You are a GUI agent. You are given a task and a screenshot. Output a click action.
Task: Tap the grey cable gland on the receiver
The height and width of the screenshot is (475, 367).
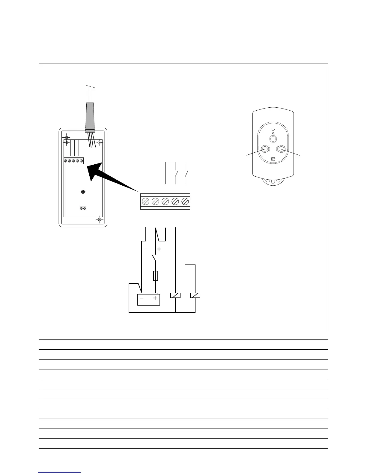coord(90,117)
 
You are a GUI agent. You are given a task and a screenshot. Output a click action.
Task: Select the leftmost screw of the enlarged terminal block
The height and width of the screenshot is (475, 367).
coord(146,201)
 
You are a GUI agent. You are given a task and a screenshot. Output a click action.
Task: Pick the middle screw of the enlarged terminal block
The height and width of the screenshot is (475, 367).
coord(165,201)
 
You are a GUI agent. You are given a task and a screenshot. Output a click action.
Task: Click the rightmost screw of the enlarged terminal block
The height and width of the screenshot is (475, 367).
coord(185,201)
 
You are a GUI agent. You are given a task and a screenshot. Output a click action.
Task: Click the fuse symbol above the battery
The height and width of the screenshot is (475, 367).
coord(155,276)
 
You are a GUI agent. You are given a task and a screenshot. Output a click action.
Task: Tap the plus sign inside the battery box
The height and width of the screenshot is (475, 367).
coord(155,298)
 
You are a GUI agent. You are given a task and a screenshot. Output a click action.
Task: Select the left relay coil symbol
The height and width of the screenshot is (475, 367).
coord(175,295)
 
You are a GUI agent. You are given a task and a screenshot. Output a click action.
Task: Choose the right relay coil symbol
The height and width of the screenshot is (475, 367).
coord(195,295)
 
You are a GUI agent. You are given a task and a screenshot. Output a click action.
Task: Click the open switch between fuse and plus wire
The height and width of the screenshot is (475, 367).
coord(154,258)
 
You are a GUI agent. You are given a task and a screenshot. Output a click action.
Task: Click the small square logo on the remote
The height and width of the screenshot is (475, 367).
coord(273,159)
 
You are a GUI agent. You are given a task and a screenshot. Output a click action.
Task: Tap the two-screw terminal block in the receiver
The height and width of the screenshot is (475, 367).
coord(83,208)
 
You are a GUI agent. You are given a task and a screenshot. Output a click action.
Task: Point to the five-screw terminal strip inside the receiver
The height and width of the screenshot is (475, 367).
coord(73,161)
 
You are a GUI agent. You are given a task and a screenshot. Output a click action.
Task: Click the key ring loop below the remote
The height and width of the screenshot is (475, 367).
coord(273,183)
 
